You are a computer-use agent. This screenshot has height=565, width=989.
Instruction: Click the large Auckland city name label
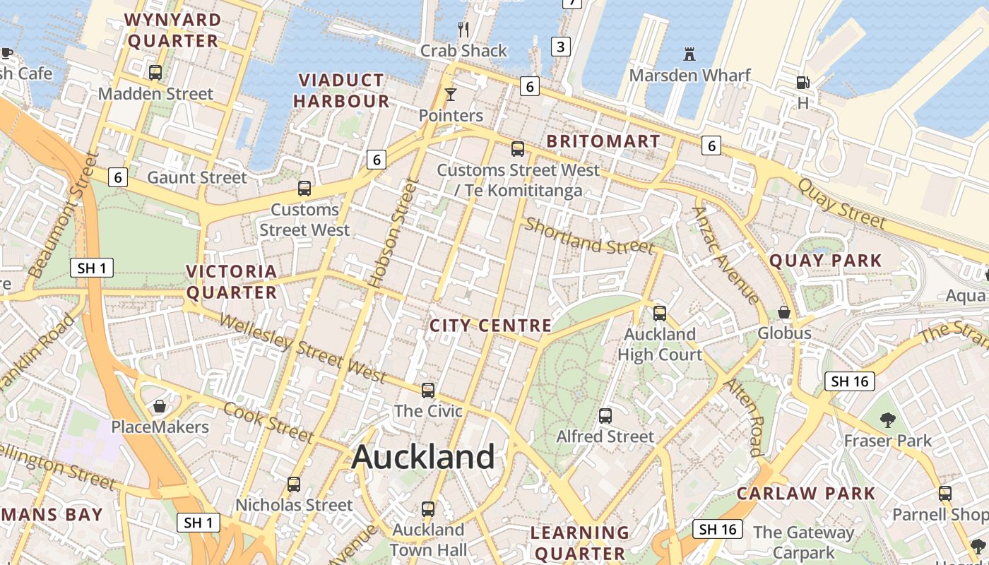click(423, 457)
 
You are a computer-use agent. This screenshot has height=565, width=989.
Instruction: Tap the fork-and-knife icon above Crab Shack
click(463, 29)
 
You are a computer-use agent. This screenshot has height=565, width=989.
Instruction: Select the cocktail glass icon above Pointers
click(450, 94)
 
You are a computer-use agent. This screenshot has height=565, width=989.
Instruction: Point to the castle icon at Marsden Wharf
click(689, 54)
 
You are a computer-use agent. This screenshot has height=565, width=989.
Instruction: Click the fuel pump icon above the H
click(803, 83)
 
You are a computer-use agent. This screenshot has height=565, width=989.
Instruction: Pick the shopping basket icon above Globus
click(783, 311)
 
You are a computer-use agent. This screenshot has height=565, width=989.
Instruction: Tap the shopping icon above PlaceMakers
click(160, 406)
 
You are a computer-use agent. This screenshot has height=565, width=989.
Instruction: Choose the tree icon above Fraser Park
click(887, 420)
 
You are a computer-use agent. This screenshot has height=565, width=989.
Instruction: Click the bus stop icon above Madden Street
click(155, 72)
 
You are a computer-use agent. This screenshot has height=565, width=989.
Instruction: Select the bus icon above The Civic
click(427, 390)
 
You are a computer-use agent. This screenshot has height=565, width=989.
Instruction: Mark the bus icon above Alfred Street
click(605, 415)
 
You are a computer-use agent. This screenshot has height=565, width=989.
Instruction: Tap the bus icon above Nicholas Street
click(293, 484)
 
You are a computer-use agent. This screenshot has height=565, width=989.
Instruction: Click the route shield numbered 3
click(560, 47)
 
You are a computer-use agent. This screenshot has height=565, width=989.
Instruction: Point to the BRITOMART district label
click(603, 141)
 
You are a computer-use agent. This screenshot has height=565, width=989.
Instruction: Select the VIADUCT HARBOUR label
click(341, 90)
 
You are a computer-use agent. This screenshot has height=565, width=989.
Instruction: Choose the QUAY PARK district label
click(825, 261)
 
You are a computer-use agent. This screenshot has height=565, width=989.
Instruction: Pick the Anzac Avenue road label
click(726, 254)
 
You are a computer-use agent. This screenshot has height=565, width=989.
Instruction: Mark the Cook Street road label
click(268, 422)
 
